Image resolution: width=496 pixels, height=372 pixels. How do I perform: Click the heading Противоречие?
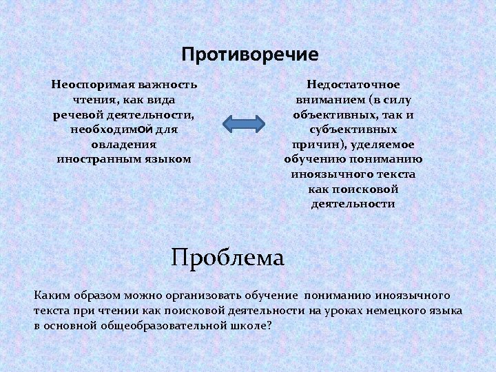tap(250, 54)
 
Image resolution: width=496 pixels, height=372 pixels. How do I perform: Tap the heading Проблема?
tap(227, 258)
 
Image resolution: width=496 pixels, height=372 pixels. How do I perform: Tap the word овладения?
tap(124, 144)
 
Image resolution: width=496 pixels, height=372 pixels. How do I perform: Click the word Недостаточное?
tap(353, 85)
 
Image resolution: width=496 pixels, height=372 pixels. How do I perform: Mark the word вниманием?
tap(327, 99)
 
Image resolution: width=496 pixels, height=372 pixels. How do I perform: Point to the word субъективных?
tap(353, 129)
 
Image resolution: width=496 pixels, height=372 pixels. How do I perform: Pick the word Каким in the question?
tap(50, 296)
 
